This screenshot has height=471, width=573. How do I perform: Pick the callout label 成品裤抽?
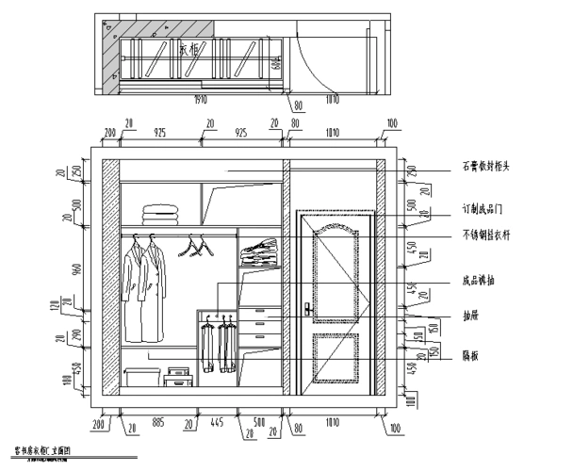480,280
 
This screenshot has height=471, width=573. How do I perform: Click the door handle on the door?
307,308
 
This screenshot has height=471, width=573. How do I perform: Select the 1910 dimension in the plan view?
200,97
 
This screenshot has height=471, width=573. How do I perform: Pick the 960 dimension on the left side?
79,270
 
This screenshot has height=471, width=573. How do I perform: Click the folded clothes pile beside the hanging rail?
257,253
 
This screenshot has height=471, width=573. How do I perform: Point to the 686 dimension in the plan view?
274,63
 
